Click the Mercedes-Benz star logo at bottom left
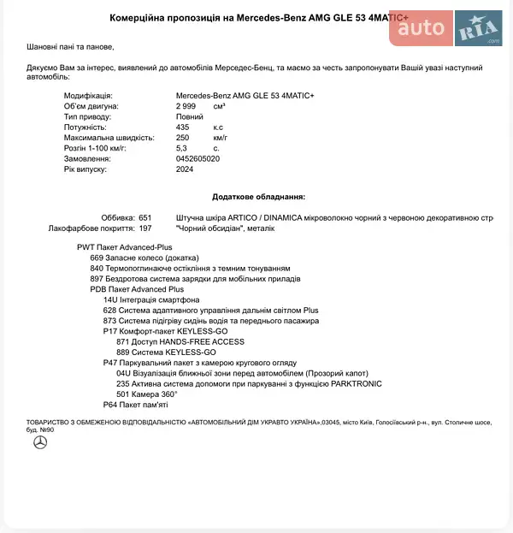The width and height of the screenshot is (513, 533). pos(39,442)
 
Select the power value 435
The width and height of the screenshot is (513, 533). pos(182,127)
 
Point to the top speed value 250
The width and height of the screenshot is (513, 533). pos(182,137)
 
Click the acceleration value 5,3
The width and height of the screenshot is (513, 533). pos(181,148)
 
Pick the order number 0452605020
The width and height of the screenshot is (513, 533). pos(198,158)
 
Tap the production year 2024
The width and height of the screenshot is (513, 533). pos(185,169)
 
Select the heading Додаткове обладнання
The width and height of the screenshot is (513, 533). pos(258,196)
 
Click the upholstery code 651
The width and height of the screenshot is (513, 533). pos(144,218)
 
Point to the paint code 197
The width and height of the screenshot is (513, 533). pos(144,228)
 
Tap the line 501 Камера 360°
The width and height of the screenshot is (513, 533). pos(146,394)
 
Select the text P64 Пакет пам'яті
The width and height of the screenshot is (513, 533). pos(135,405)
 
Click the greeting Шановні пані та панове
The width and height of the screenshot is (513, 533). pos(70,48)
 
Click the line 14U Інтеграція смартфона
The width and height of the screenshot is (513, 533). pos(150,300)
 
